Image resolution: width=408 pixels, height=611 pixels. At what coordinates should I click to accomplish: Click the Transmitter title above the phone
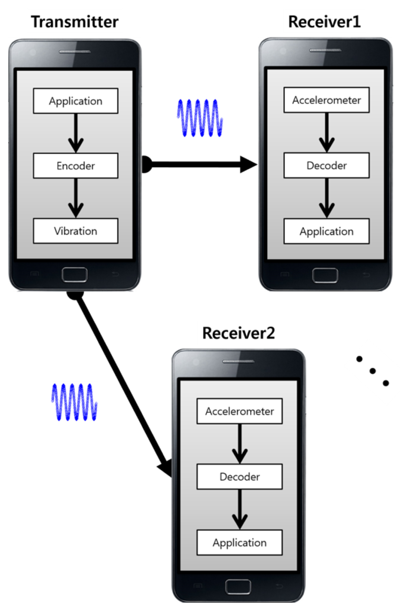(x=75, y=22)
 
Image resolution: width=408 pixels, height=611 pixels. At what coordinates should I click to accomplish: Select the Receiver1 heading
(x=324, y=22)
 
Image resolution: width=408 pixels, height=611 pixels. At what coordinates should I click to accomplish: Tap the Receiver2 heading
(x=238, y=333)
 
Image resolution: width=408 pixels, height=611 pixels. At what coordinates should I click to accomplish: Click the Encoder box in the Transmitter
(x=75, y=166)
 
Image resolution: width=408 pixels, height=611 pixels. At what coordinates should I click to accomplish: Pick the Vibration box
(x=75, y=231)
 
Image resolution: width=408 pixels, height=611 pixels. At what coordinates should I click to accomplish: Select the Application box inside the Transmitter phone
(x=75, y=101)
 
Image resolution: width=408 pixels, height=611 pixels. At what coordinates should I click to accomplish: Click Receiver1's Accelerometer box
(x=326, y=100)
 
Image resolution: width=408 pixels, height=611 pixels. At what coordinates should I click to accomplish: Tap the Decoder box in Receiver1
(x=326, y=165)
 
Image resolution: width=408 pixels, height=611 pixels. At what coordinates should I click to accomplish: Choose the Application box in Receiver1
(x=326, y=231)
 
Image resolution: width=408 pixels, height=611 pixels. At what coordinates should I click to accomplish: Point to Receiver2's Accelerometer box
(x=239, y=411)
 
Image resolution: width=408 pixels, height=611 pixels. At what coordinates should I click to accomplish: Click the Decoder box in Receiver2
(x=239, y=476)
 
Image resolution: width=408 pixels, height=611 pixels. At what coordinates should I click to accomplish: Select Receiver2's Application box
(x=239, y=542)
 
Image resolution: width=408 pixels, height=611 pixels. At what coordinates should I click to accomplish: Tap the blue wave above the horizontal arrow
(x=200, y=118)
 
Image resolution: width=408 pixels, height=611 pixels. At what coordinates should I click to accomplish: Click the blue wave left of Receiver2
(x=74, y=402)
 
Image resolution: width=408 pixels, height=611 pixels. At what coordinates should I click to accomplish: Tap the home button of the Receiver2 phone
(x=238, y=587)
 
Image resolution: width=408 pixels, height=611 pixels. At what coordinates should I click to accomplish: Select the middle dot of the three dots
(x=373, y=371)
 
